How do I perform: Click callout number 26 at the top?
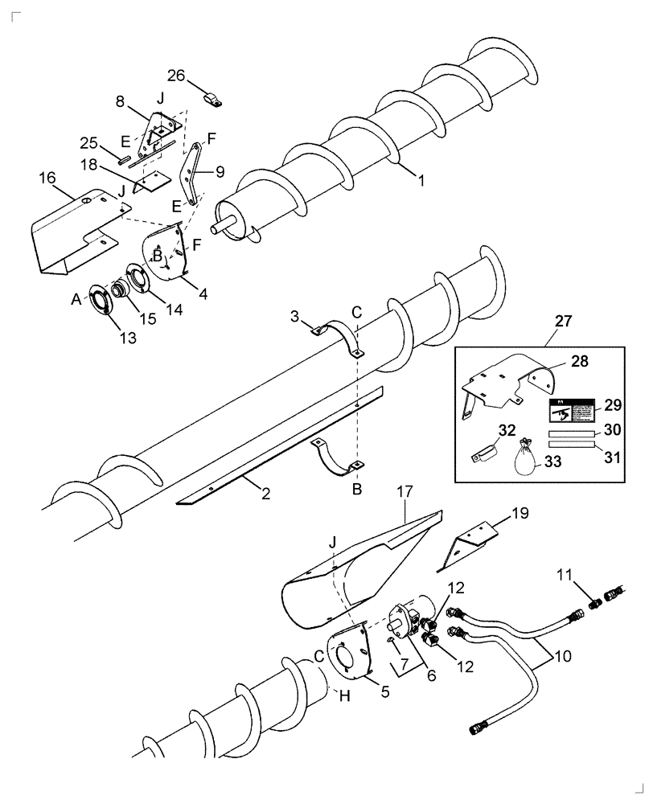(176, 76)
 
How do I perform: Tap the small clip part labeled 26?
(214, 100)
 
